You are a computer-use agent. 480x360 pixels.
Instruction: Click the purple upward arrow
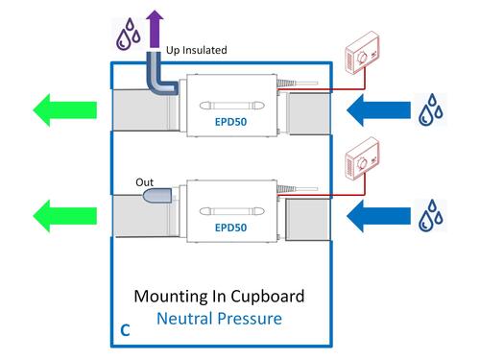click(x=155, y=30)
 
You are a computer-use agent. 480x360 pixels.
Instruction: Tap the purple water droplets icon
click(x=129, y=35)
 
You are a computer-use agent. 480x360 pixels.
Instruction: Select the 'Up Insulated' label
click(x=197, y=50)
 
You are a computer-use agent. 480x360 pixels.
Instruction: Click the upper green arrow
click(x=65, y=110)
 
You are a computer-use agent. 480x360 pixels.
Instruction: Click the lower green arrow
click(x=65, y=216)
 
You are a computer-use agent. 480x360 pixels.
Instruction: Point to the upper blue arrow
click(x=378, y=110)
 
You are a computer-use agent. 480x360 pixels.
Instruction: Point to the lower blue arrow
click(x=378, y=216)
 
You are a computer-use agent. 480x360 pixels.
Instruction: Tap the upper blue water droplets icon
click(x=431, y=109)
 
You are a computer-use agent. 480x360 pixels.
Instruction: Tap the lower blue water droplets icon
click(x=431, y=215)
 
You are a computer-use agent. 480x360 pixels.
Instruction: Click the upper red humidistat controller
click(x=363, y=53)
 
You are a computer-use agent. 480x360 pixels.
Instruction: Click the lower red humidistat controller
click(x=363, y=159)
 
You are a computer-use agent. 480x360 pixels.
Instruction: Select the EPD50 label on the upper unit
click(x=230, y=122)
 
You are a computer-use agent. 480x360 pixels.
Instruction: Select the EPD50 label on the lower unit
click(x=230, y=228)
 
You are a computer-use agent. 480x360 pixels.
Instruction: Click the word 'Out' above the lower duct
click(x=144, y=182)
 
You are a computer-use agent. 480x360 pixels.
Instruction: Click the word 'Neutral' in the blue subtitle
click(x=184, y=319)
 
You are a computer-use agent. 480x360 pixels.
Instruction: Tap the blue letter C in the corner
click(x=125, y=330)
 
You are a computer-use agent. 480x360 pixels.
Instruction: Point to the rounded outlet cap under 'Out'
click(x=157, y=196)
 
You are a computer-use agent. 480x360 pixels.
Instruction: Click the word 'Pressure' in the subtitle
click(x=250, y=319)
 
